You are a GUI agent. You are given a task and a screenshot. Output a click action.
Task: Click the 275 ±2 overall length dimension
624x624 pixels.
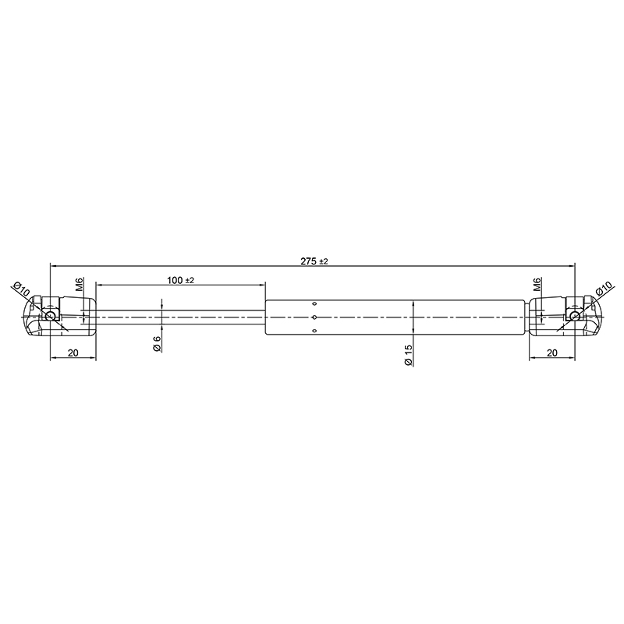coord(314,261)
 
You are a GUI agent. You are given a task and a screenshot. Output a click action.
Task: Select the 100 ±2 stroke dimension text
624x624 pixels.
coord(180,280)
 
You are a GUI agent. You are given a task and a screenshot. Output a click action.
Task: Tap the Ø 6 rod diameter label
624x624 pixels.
coord(157,344)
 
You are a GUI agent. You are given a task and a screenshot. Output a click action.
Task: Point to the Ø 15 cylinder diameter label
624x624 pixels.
coord(408,356)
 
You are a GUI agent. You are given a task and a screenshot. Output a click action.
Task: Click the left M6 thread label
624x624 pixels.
coord(80,285)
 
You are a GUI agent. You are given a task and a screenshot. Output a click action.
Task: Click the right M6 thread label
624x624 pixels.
coord(537,285)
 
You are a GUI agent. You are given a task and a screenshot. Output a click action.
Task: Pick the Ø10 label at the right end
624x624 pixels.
coord(603,289)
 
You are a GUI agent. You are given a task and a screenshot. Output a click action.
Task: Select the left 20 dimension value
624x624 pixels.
coord(73,353)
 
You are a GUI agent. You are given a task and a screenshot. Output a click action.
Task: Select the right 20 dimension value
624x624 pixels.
coord(552,353)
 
